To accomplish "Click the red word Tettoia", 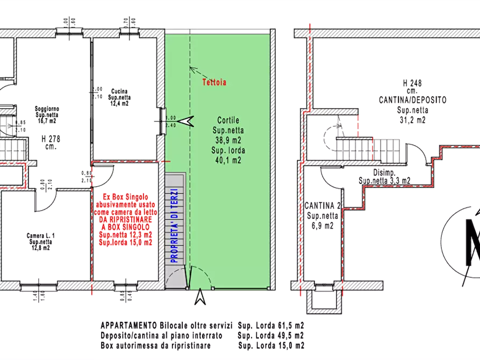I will [214, 83].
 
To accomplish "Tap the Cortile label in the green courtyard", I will [228, 120].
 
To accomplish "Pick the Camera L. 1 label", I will [41, 236].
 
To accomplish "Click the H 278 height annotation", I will [49, 138].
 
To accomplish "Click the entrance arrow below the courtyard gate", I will [200, 296].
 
